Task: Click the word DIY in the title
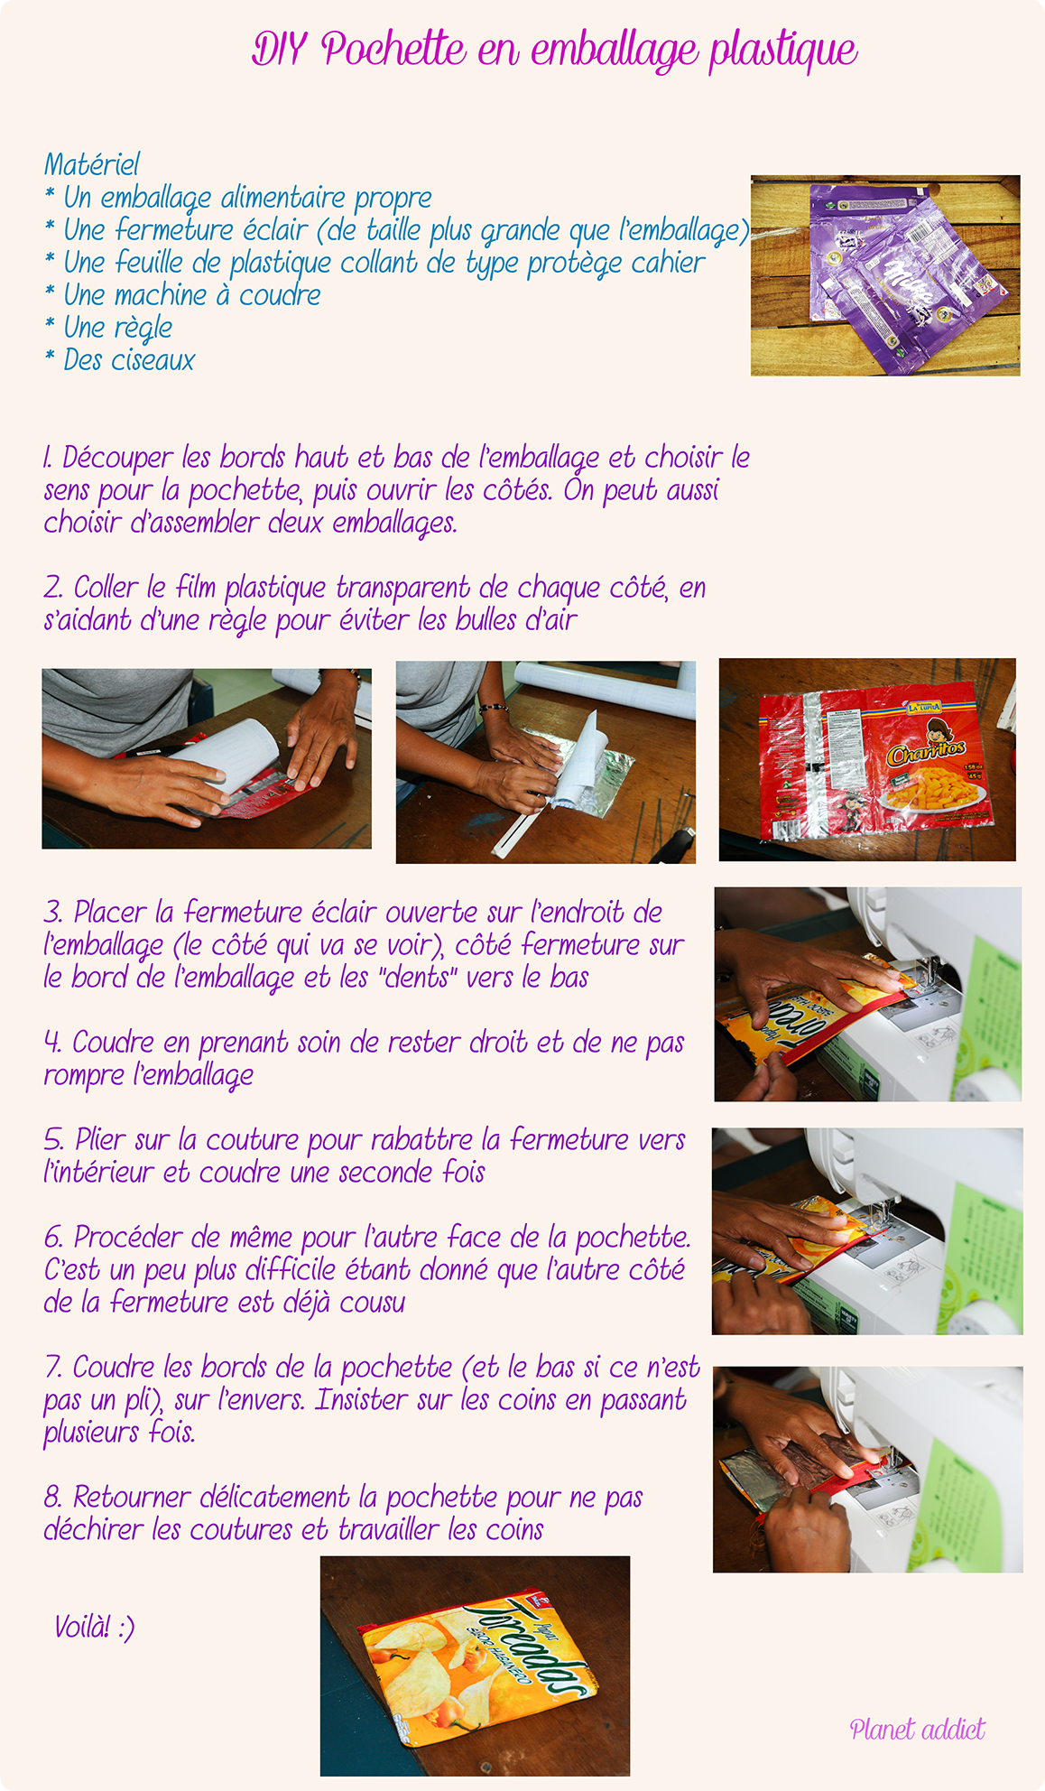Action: pyautogui.click(x=279, y=49)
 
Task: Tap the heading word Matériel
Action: pyautogui.click(x=91, y=164)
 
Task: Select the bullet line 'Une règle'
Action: pyautogui.click(x=117, y=328)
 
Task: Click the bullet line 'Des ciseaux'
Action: pyautogui.click(x=129, y=360)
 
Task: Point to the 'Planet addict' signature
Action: pyautogui.click(x=917, y=1728)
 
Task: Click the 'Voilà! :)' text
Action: pyautogui.click(x=94, y=1627)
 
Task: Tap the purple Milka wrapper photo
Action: pyautogui.click(x=885, y=275)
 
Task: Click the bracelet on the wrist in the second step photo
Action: pyautogui.click(x=494, y=708)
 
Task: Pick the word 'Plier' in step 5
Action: pyautogui.click(x=100, y=1140)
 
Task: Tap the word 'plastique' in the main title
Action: pyautogui.click(x=783, y=51)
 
